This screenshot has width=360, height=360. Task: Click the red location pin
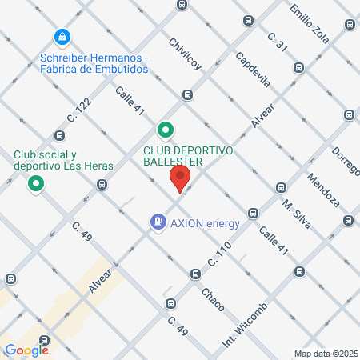[180, 179]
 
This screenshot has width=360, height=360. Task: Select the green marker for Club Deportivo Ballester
[165, 129]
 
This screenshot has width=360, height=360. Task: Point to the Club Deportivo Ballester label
[188, 155]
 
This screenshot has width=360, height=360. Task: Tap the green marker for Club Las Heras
[36, 185]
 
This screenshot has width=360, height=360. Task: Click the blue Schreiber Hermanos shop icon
[62, 37]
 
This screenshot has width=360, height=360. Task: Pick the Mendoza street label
[323, 190]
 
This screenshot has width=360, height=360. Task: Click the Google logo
[26, 350]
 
